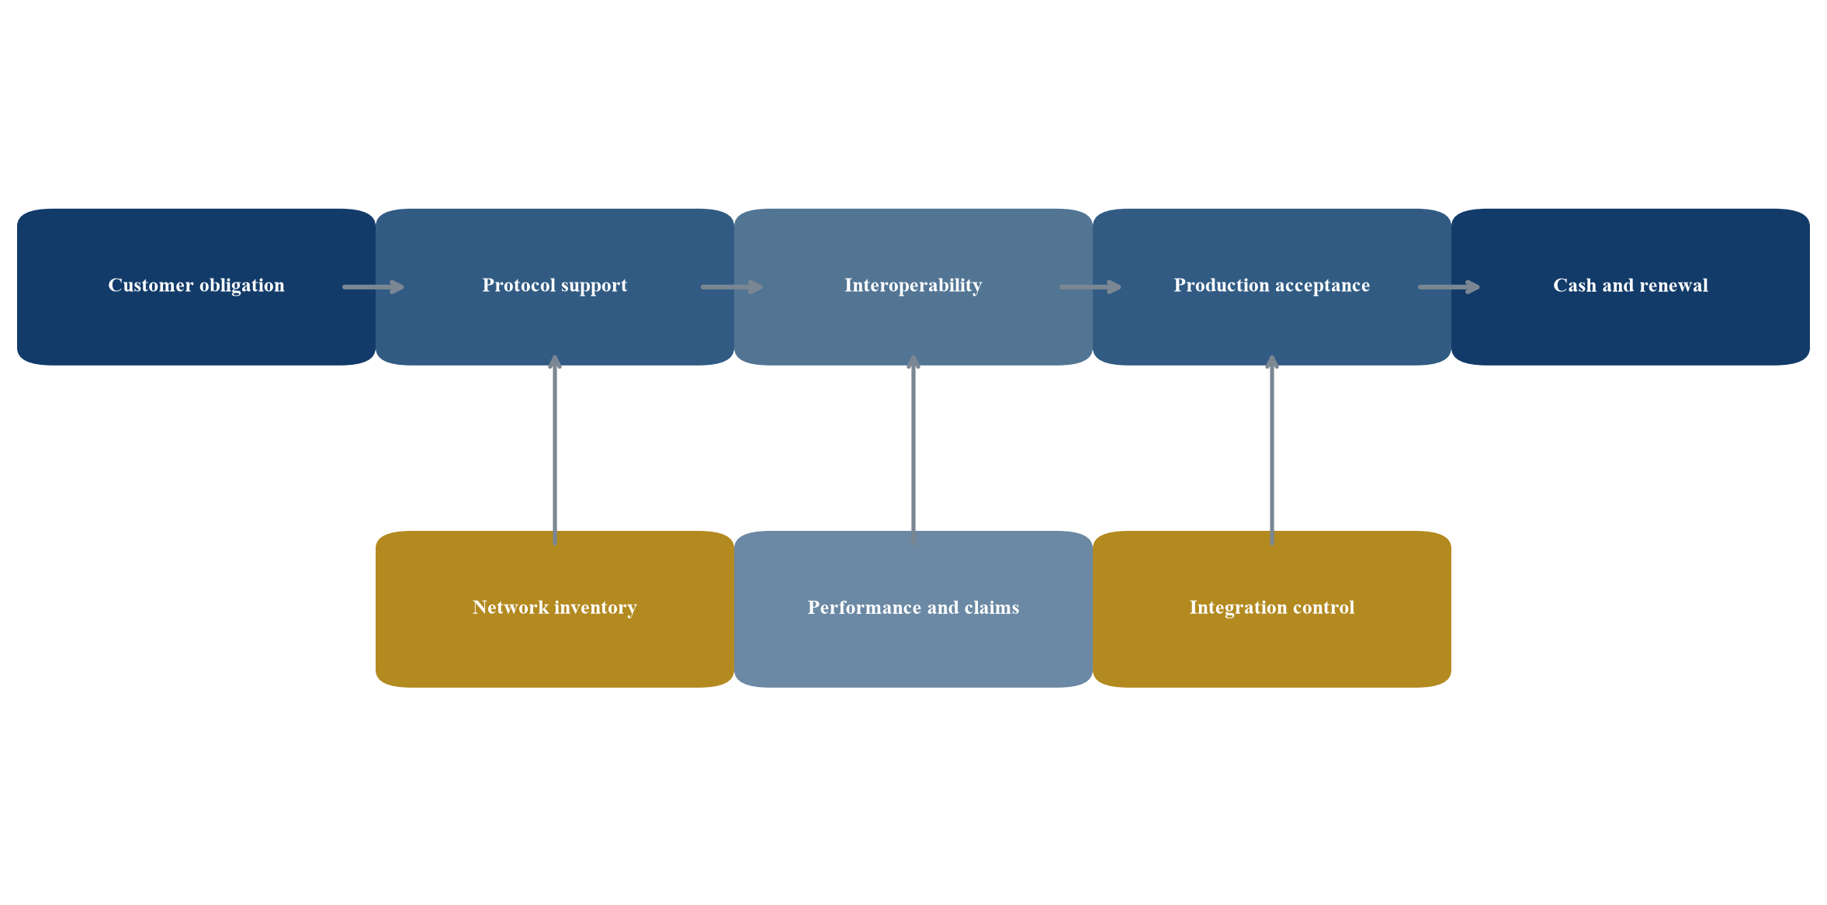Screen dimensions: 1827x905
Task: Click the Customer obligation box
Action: pyautogui.click(x=196, y=287)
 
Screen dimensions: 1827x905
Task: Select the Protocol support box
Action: pyautogui.click(x=555, y=287)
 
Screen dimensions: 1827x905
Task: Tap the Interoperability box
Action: pyautogui.click(x=913, y=287)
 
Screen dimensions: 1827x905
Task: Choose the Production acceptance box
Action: pyautogui.click(x=1272, y=287)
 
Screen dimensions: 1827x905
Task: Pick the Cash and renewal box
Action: pyautogui.click(x=1631, y=287)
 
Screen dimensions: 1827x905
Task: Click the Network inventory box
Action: pyautogui.click(x=555, y=609)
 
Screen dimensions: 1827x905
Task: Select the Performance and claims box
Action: pyautogui.click(x=913, y=609)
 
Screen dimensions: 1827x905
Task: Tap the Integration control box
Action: pyautogui.click(x=1272, y=609)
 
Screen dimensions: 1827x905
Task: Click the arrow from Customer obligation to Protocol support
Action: pyautogui.click(x=373, y=287)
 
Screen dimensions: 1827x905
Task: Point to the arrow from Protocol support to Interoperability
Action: pyautogui.click(x=732, y=287)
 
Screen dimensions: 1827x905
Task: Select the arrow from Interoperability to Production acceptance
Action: pyautogui.click(x=1090, y=287)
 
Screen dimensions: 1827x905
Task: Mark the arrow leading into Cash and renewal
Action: pyautogui.click(x=1449, y=287)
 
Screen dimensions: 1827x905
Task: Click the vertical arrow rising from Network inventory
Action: pyautogui.click(x=555, y=450)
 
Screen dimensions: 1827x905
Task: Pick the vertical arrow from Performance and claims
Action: pyautogui.click(x=913, y=450)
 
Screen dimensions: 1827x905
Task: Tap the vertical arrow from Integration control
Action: pyautogui.click(x=1272, y=450)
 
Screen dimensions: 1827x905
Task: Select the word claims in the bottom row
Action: pyautogui.click(x=991, y=608)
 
